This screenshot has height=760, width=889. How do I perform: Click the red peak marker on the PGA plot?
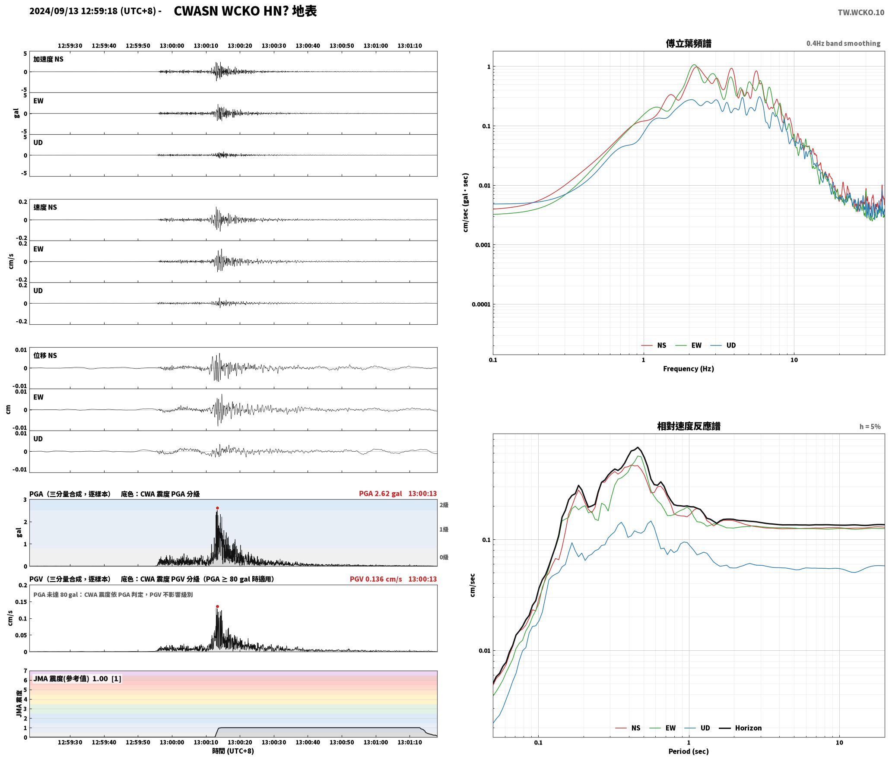tap(217, 508)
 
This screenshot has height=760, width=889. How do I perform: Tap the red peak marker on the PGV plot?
tap(217, 607)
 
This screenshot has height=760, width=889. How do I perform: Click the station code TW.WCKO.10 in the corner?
tap(861, 13)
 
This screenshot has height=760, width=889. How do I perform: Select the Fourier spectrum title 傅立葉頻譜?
tap(689, 43)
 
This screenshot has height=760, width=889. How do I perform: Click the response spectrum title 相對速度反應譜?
tap(689, 426)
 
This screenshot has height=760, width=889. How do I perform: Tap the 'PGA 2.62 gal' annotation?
tap(380, 494)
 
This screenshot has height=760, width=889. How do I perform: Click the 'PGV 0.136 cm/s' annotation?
tap(376, 579)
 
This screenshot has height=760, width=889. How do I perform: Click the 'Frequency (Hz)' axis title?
tap(689, 369)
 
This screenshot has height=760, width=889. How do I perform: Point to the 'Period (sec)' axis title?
tap(689, 751)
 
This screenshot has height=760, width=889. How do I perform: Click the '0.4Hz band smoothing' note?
tap(843, 44)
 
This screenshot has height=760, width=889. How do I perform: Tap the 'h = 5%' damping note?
tap(870, 427)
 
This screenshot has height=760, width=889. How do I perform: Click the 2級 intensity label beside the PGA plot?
tap(444, 505)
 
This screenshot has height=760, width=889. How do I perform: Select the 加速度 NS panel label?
tap(48, 59)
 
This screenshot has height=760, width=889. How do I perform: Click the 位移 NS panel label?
tap(45, 355)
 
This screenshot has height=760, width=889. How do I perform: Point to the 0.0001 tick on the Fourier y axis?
tap(481, 304)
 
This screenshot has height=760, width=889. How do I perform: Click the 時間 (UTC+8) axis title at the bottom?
tap(233, 751)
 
